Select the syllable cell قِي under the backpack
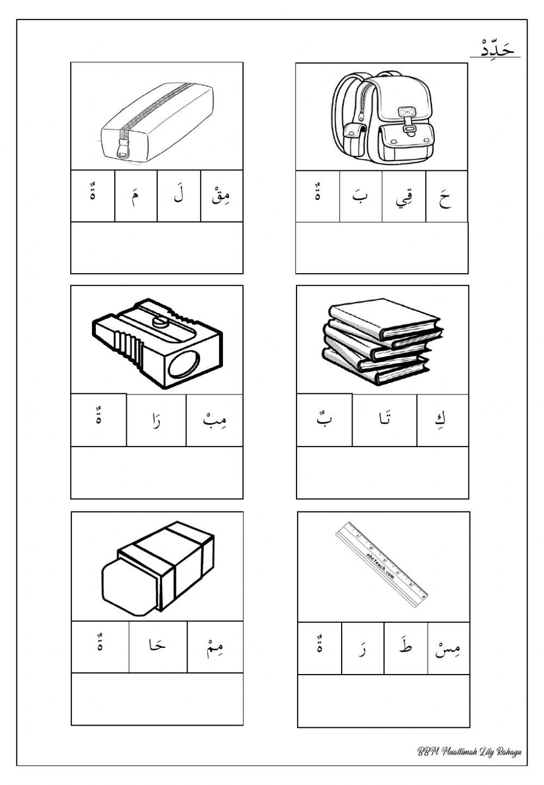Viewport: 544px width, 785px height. (404, 197)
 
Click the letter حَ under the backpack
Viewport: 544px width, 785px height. (446, 197)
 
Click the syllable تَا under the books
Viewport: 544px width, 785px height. (384, 420)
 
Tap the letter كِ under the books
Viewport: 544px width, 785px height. (442, 420)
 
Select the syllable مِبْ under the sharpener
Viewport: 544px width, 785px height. (214, 420)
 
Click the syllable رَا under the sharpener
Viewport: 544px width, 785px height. (156, 420)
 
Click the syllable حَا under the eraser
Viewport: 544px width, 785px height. (158, 647)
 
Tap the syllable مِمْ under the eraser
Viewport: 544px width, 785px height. (215, 647)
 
